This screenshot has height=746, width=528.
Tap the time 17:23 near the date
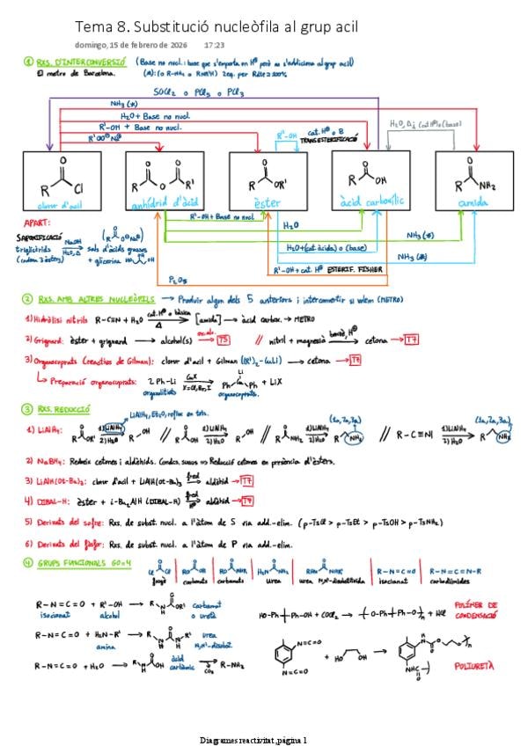(214, 45)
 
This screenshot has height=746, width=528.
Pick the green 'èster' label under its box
(267, 201)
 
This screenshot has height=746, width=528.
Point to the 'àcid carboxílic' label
(370, 201)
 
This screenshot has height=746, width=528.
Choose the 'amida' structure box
(473, 180)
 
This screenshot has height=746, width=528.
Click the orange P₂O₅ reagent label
(178, 280)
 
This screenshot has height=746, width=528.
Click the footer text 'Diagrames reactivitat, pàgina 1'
(253, 741)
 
